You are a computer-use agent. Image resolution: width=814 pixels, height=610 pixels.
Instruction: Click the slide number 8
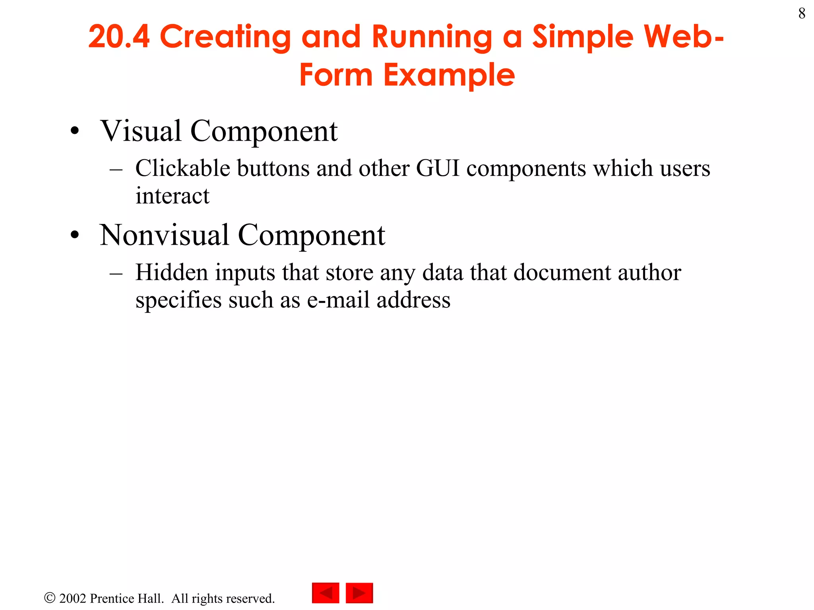802,14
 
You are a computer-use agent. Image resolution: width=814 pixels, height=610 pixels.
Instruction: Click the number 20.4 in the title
119,37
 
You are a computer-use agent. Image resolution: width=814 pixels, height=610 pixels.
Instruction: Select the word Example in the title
449,75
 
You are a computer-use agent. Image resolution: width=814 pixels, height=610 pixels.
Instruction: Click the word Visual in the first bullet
141,131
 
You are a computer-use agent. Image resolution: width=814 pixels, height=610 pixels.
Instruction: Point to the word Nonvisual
164,235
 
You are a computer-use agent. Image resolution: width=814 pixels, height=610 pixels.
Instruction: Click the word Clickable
182,168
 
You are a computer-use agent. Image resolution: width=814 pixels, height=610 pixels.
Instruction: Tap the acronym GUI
438,168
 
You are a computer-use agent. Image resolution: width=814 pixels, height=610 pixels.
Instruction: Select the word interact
172,196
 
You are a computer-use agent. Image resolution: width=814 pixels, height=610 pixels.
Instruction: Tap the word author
649,272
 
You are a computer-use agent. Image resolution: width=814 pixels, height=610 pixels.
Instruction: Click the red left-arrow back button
326,593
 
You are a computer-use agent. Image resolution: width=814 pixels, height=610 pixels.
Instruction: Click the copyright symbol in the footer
50,598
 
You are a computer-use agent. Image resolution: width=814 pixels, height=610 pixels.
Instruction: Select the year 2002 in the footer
73,598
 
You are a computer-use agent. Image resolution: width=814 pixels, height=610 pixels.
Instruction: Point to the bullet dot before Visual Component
75,131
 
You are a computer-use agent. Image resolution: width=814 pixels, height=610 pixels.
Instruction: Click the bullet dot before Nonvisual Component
75,236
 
